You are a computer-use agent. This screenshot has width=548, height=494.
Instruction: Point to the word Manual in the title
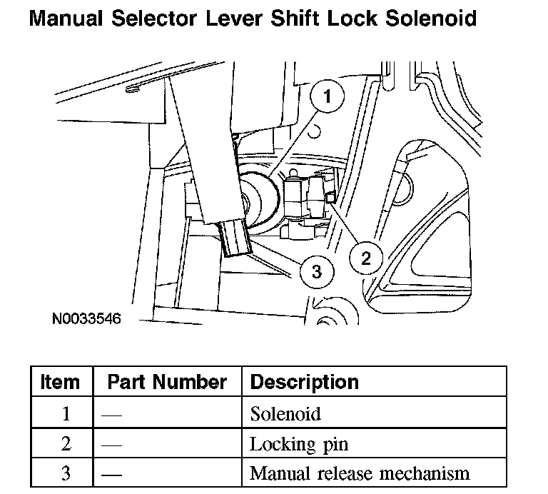(65, 18)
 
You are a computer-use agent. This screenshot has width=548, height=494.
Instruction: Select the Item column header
(61, 382)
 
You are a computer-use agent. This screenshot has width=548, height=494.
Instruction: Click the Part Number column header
(167, 382)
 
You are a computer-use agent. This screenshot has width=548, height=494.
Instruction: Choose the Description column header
(305, 382)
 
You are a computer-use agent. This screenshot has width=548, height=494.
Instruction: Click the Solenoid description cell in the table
(285, 413)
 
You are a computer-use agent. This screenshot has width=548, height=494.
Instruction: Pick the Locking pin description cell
(298, 444)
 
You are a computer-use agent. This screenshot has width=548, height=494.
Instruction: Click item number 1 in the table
(66, 414)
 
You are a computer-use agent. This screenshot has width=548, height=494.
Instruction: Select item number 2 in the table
(66, 444)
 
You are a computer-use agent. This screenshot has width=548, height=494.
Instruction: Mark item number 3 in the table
(66, 473)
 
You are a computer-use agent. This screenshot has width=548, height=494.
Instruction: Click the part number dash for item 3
(111, 474)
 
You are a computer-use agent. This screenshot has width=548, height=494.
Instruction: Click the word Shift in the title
(298, 18)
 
